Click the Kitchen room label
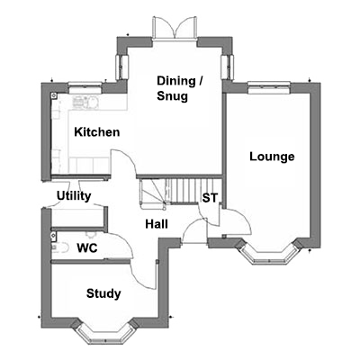[97, 132]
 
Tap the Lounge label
[272, 157]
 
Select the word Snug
[173, 96]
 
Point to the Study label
[103, 293]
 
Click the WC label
[87, 248]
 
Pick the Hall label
[157, 224]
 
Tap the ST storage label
[210, 198]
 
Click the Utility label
[74, 196]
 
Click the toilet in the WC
[58, 248]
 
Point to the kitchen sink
[85, 102]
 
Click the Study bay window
[103, 332]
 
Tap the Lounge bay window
[268, 253]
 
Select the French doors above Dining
[175, 28]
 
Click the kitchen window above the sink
[85, 88]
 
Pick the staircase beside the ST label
[177, 192]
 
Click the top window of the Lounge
[269, 88]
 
